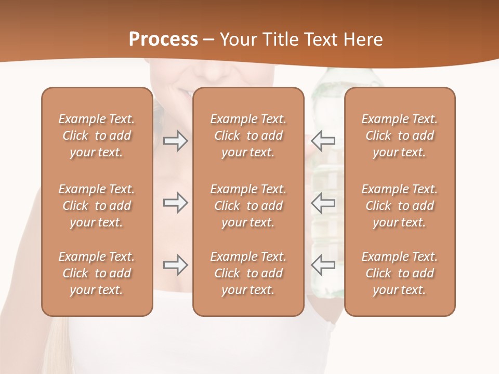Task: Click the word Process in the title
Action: coord(163,39)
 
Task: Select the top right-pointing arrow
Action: coord(175,141)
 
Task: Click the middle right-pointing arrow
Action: coord(175,203)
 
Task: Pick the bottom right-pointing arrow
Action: coord(175,265)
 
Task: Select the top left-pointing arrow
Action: coord(323,141)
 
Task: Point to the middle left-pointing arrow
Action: coord(323,203)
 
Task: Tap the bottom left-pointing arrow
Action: coord(323,265)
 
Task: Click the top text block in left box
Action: coord(97,136)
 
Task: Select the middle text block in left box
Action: coord(97,206)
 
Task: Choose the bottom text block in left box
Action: coord(97,273)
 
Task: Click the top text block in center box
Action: coord(248,136)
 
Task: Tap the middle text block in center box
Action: coord(248,206)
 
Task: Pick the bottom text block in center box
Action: coord(248,273)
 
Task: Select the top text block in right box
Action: coord(399,136)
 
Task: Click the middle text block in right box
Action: coord(399,206)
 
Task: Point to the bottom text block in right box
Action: coord(399,273)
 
